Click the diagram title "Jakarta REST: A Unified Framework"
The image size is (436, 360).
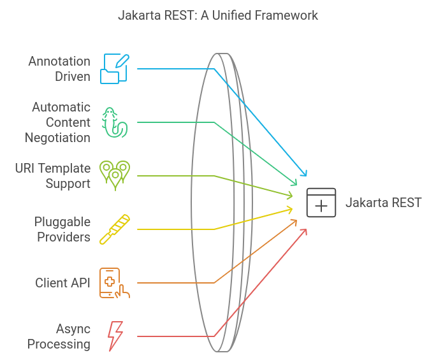coord(218,15)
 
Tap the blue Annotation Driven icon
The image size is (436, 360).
coord(115,69)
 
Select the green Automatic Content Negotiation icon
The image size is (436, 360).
coord(115,122)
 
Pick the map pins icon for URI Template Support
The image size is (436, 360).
coord(115,175)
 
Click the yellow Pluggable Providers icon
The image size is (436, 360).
coord(115,229)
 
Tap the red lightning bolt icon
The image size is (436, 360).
coord(115,336)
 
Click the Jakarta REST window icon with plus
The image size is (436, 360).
coord(321,203)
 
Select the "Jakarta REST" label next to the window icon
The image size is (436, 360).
coord(383,203)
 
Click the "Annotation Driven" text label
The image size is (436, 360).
coord(59,69)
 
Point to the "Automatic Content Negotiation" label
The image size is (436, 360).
coord(58,122)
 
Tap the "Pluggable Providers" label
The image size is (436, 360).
coord(62,229)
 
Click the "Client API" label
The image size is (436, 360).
coord(62,283)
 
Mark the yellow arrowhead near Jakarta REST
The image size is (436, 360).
coord(290,209)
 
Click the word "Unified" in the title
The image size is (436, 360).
coord(233,15)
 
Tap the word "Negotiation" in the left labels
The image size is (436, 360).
coord(58,137)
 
